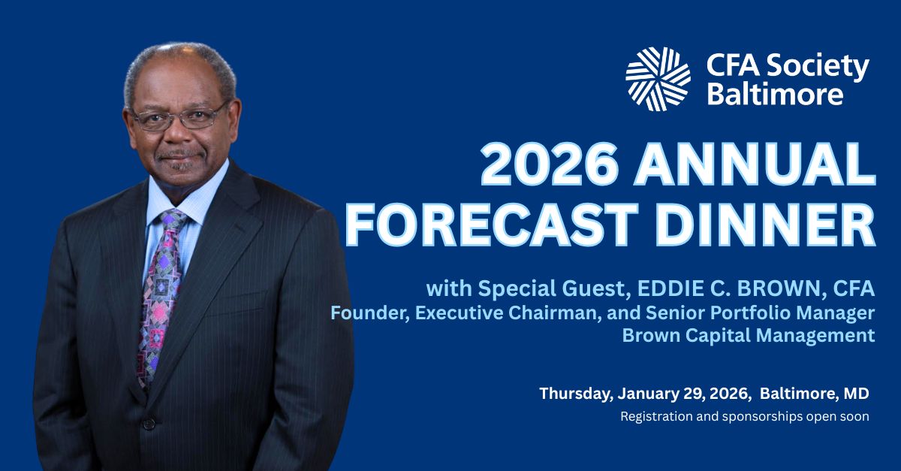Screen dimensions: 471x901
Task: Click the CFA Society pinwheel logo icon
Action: click(x=658, y=79)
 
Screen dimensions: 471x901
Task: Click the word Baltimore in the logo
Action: click(x=774, y=94)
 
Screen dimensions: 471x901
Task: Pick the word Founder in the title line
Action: click(x=368, y=312)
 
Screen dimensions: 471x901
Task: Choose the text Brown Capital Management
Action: click(x=749, y=335)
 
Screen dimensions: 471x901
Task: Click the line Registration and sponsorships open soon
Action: click(x=744, y=416)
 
